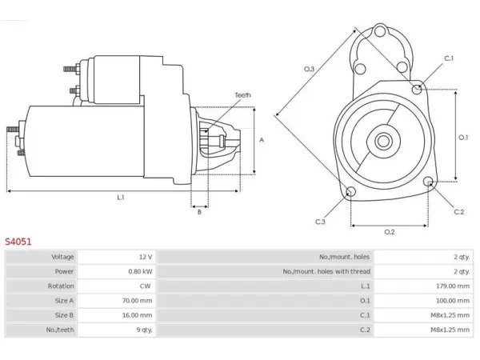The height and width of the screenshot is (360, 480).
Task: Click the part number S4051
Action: point(18,242)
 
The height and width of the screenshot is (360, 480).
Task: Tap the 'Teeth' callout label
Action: point(242,95)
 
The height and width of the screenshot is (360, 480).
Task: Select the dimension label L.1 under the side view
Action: point(121,198)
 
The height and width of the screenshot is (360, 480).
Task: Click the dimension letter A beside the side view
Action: point(262,140)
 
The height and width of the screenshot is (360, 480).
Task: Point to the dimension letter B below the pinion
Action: point(199,212)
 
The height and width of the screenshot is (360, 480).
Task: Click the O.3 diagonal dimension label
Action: point(309,69)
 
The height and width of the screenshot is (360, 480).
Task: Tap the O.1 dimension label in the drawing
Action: point(463,138)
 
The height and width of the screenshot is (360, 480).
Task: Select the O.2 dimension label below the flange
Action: point(390,232)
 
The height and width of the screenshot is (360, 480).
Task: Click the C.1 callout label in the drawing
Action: point(449,58)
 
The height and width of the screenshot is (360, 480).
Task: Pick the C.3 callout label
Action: point(320,222)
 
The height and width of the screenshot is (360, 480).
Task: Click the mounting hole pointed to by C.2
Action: point(429,182)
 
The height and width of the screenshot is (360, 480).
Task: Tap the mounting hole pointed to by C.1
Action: point(416,89)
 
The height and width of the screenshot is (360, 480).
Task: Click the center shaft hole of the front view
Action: point(383,142)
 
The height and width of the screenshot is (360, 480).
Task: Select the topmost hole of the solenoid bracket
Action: point(379,31)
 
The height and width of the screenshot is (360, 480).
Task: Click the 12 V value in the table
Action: point(146,257)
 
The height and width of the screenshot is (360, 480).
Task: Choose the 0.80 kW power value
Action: point(140,271)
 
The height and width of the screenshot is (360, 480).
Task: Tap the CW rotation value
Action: point(145,286)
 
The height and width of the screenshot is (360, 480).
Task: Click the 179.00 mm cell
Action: point(453,286)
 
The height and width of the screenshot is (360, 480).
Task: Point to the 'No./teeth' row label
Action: point(60,330)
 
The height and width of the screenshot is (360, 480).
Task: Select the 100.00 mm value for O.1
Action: point(453,301)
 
